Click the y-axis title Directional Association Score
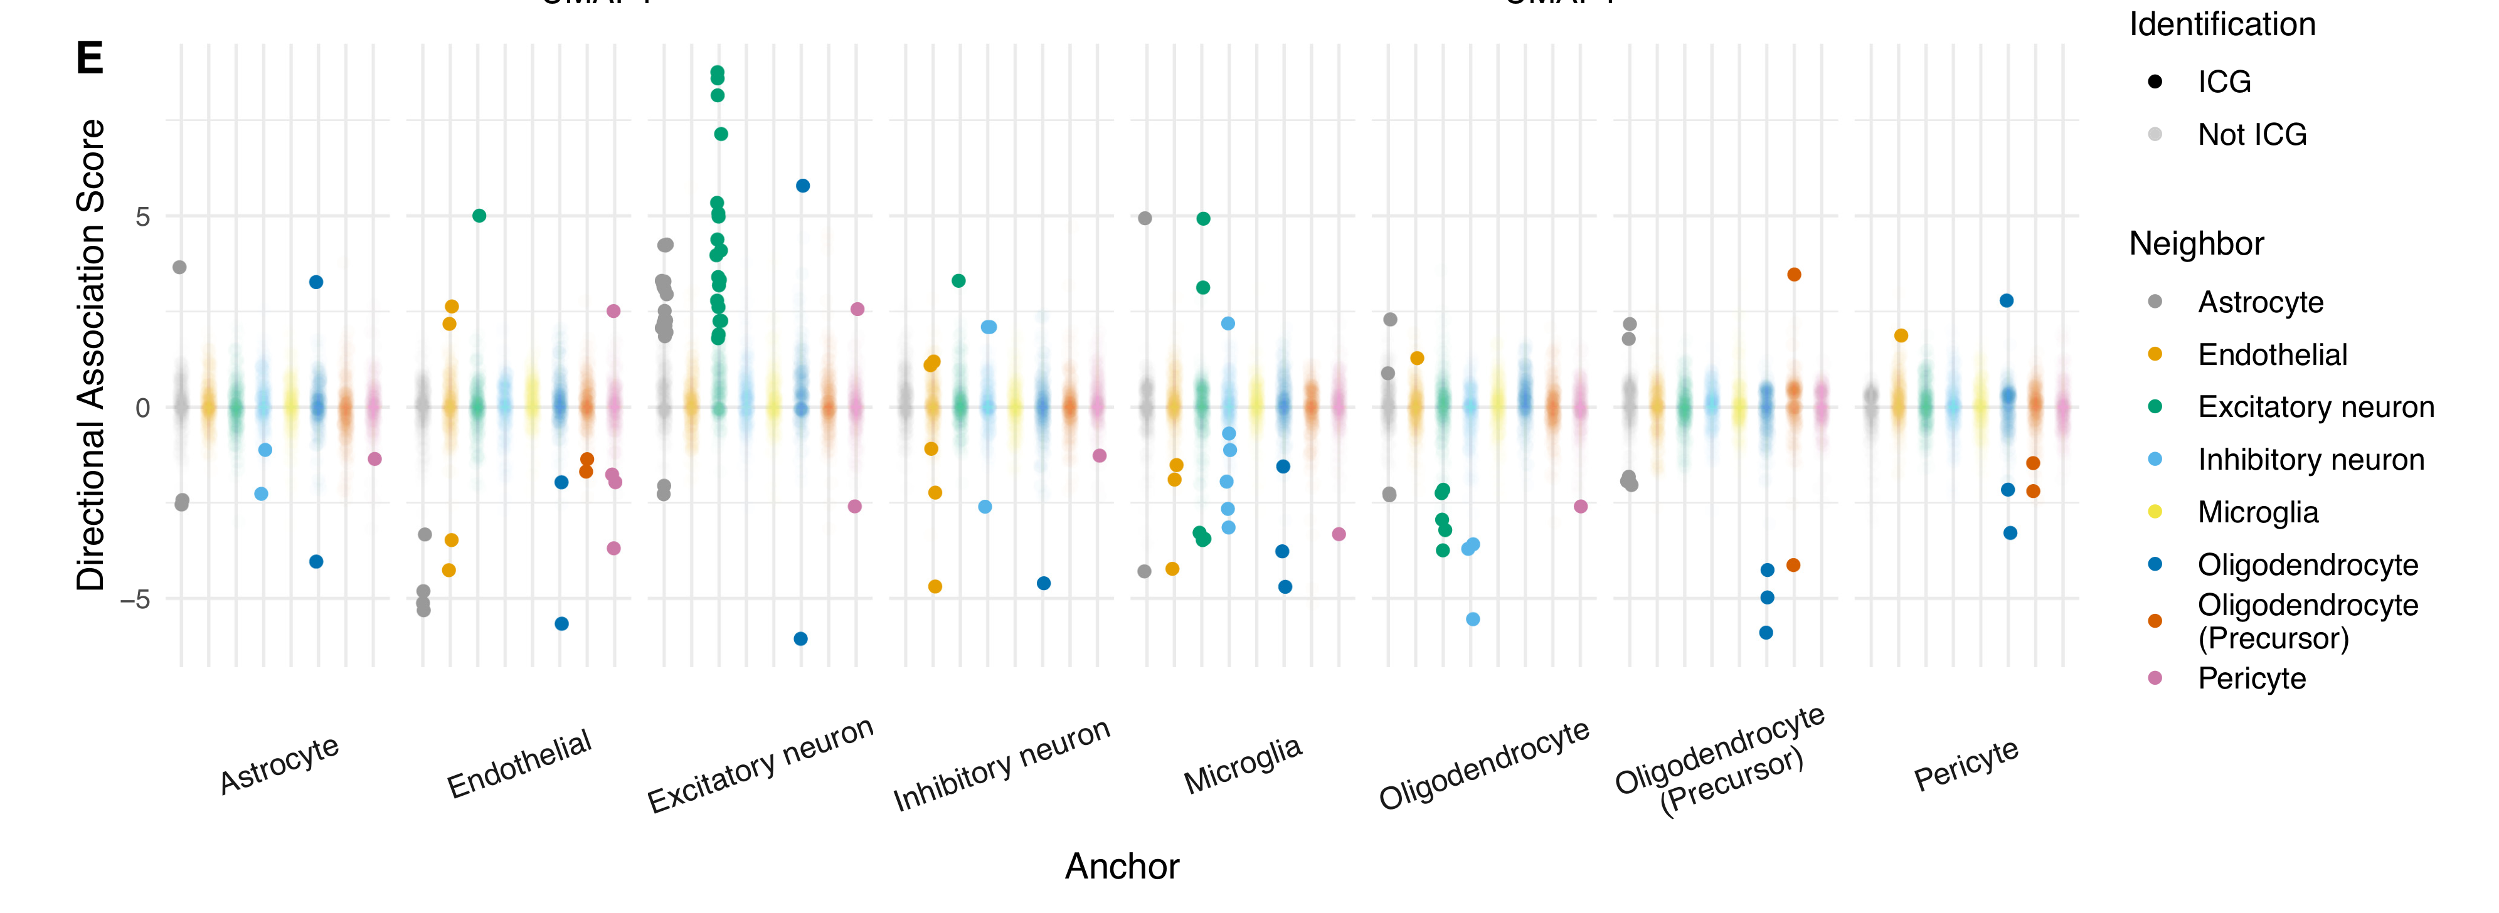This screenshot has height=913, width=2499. (x=90, y=355)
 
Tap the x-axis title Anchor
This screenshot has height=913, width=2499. (x=1122, y=865)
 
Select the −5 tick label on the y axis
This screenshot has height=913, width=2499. (x=135, y=599)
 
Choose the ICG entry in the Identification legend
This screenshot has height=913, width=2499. (x=2224, y=82)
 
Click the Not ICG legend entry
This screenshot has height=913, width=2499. (x=2252, y=134)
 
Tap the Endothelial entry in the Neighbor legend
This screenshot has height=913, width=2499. (x=2272, y=354)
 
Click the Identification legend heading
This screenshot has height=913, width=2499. (x=2222, y=24)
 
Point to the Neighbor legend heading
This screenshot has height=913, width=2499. (x=2196, y=243)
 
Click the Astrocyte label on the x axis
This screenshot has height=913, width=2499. (x=279, y=764)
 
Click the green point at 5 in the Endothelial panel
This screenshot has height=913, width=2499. (x=479, y=215)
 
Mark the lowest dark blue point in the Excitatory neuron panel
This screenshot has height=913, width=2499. (x=800, y=638)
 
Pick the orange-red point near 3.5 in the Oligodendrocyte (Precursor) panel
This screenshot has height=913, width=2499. (x=1794, y=275)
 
